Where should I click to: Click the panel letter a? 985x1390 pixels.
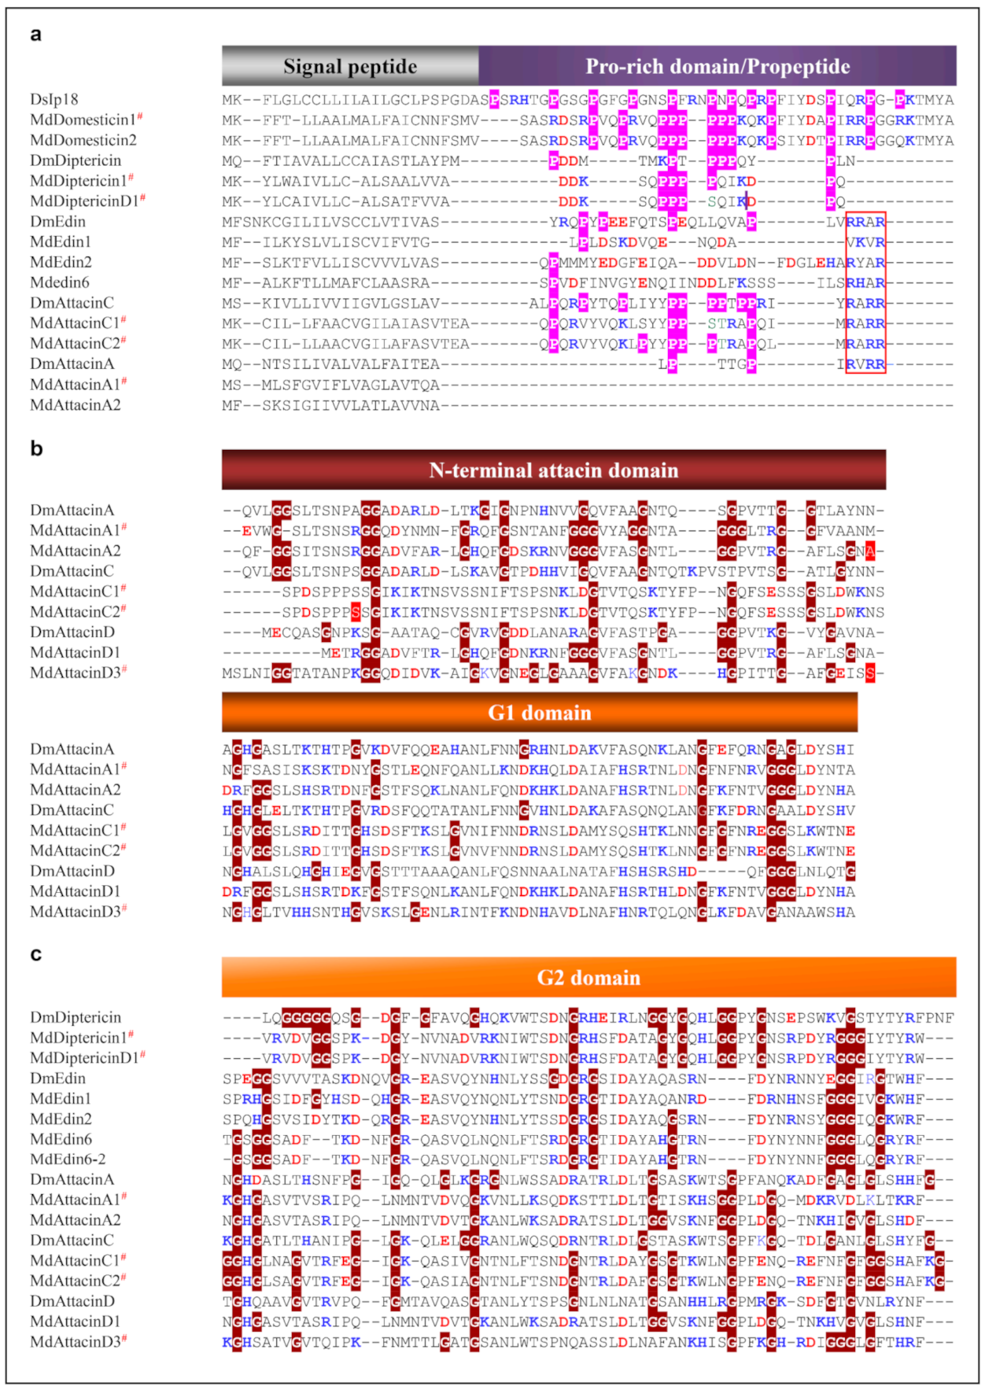click(35, 35)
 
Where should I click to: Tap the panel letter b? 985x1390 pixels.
click(36, 448)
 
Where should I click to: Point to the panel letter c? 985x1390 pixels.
click(35, 954)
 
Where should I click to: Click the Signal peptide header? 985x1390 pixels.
click(350, 66)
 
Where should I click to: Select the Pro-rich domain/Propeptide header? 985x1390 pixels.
click(717, 66)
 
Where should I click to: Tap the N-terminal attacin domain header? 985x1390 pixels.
click(553, 470)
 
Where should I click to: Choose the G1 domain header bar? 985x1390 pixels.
click(539, 712)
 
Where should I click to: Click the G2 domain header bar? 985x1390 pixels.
click(588, 977)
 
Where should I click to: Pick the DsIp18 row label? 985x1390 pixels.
click(54, 99)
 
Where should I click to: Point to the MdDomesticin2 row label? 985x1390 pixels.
click(83, 140)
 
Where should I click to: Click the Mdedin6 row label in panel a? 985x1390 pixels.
click(60, 282)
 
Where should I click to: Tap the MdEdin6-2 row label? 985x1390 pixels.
click(68, 1159)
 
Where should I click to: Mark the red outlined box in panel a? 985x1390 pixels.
click(865, 292)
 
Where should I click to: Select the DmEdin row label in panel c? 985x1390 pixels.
click(58, 1078)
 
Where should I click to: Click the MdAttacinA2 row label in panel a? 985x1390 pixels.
click(76, 405)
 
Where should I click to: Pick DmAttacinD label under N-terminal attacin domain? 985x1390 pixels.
click(72, 632)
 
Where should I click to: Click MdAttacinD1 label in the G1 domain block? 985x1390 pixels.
click(76, 891)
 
